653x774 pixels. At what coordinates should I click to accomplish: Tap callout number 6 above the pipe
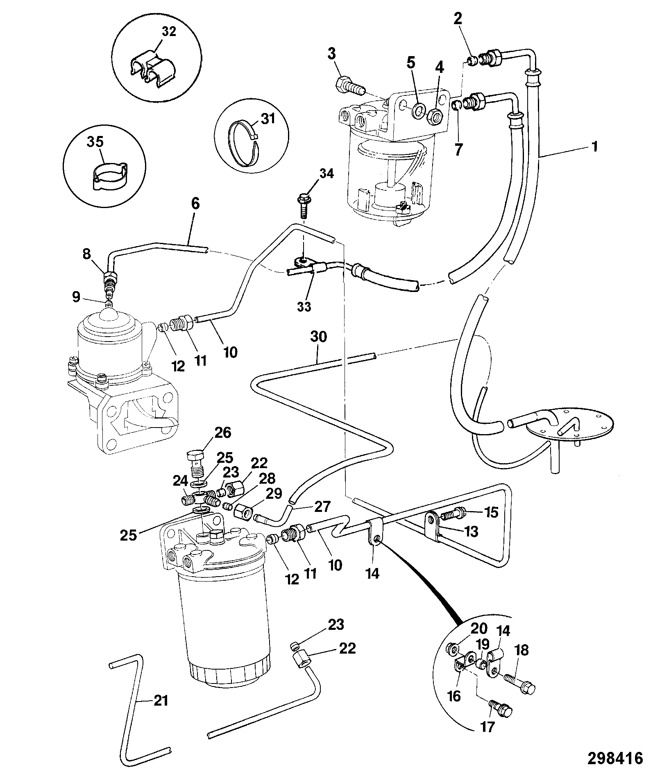click(195, 204)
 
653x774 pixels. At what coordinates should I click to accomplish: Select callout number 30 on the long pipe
click(319, 337)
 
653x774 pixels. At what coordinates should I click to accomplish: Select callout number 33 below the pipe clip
click(304, 307)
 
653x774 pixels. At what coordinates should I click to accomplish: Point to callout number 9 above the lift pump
click(76, 297)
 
